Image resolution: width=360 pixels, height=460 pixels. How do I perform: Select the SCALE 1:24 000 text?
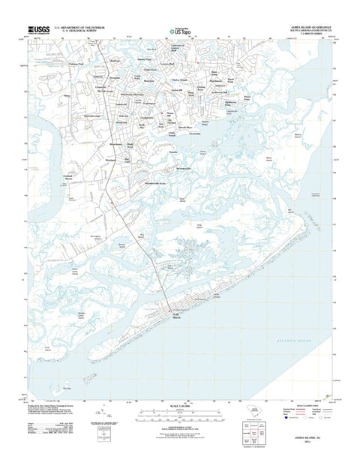click(178, 416)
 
